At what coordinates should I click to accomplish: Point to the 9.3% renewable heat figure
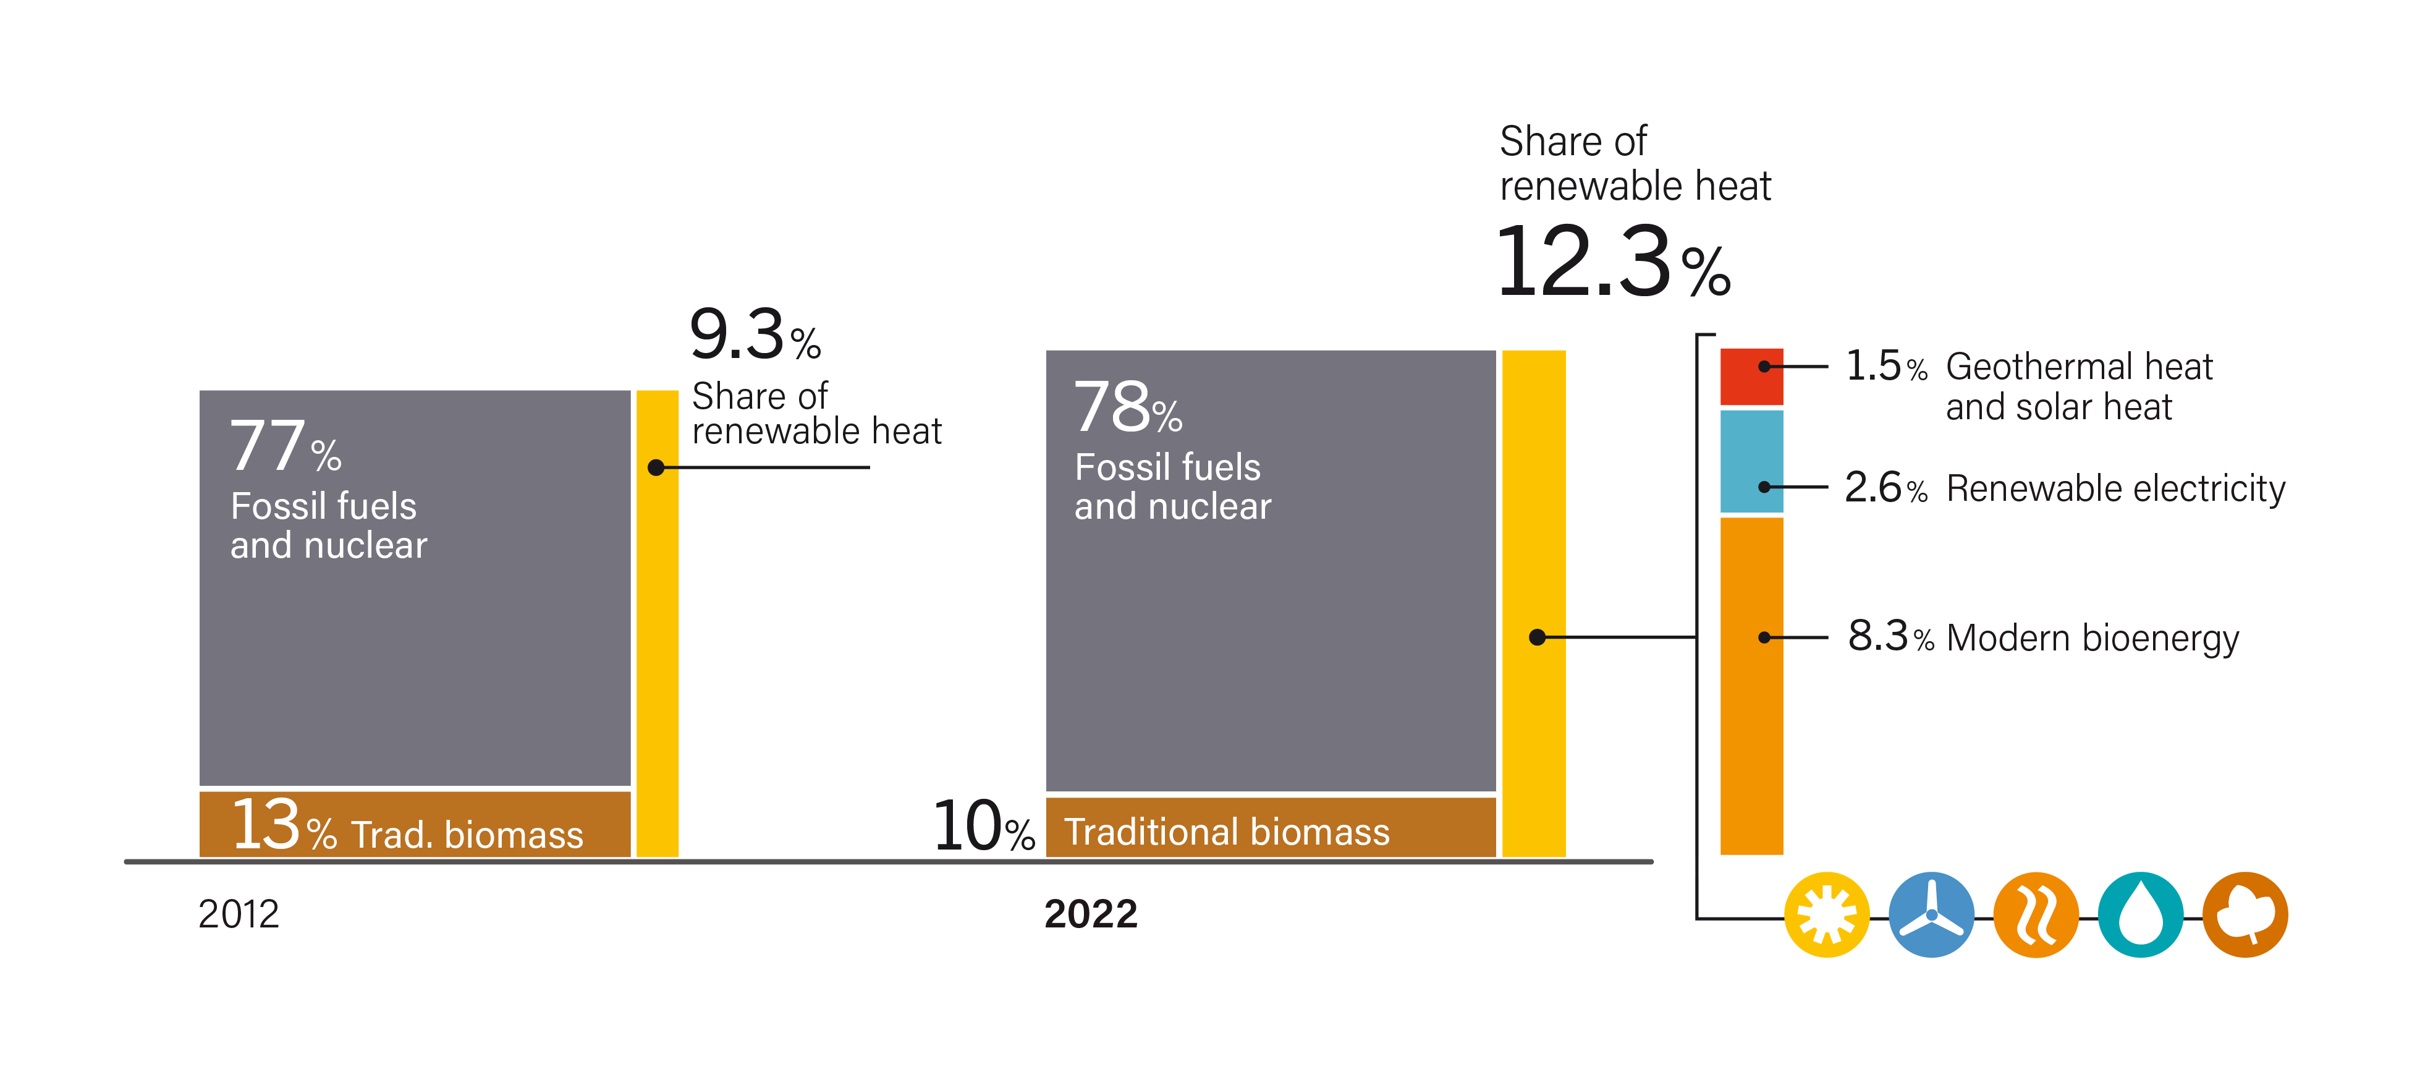pyautogui.click(x=755, y=335)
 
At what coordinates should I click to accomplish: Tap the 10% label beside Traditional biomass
pyautogui.click(x=983, y=827)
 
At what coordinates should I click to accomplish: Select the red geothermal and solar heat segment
pyautogui.click(x=1751, y=377)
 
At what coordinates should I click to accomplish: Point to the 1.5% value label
pyautogui.click(x=1885, y=366)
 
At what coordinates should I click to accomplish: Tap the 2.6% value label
pyautogui.click(x=1885, y=488)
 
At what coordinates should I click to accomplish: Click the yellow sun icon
pyautogui.click(x=1826, y=914)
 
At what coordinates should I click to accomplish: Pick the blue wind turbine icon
pyautogui.click(x=1931, y=914)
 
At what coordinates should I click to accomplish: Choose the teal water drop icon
pyautogui.click(x=2141, y=914)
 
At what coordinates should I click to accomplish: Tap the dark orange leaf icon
pyautogui.click(x=2245, y=914)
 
